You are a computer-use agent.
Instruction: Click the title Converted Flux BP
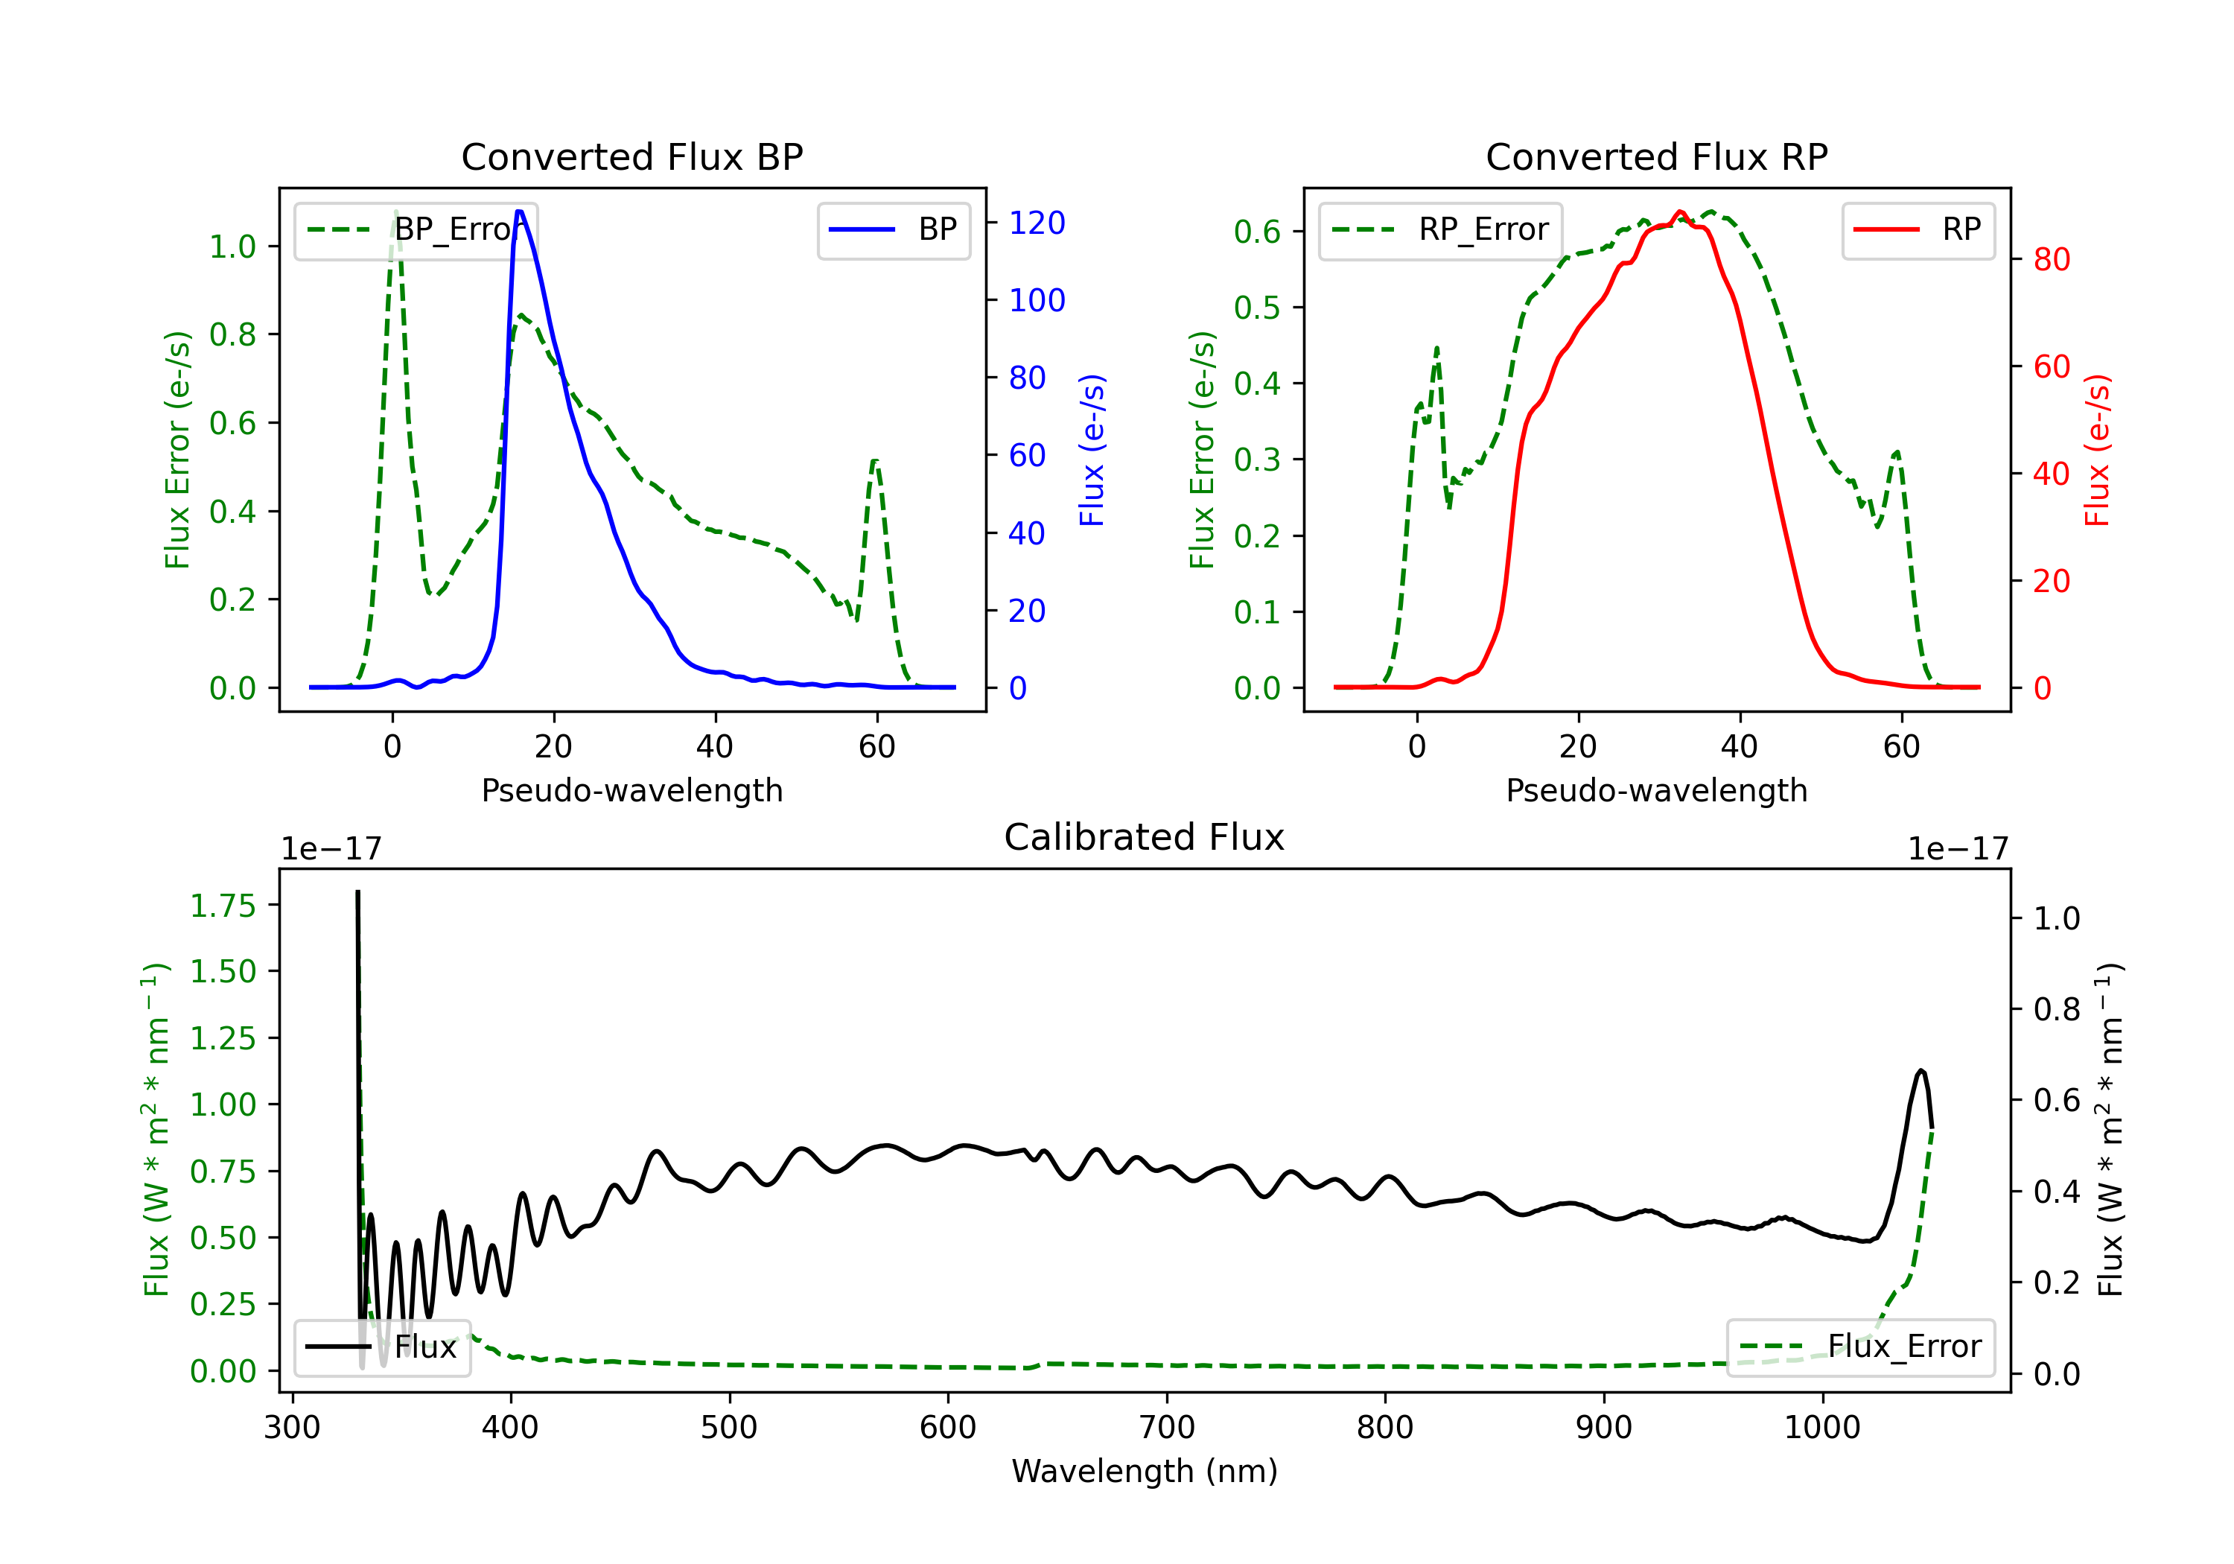(x=631, y=156)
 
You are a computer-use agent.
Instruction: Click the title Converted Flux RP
(x=1656, y=156)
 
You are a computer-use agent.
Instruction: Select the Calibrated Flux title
(x=1145, y=837)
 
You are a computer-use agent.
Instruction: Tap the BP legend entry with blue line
(x=893, y=229)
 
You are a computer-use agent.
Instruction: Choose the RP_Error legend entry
(x=1440, y=229)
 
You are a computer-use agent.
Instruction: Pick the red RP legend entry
(x=1918, y=229)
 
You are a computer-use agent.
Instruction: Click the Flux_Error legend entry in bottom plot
(x=1860, y=1347)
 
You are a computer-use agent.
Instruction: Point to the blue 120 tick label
(x=1037, y=223)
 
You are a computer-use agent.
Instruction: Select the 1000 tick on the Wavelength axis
(x=1822, y=1427)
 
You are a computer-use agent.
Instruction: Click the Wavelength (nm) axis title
(x=1145, y=1471)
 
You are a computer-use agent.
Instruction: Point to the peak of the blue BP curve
(x=520, y=212)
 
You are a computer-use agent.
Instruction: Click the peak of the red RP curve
(x=1681, y=212)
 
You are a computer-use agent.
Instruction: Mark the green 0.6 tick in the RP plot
(x=1257, y=232)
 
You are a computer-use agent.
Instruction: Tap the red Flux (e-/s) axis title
(x=2097, y=450)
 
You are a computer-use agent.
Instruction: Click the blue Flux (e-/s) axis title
(x=1092, y=450)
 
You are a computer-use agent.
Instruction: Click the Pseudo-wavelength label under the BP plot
(x=632, y=790)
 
